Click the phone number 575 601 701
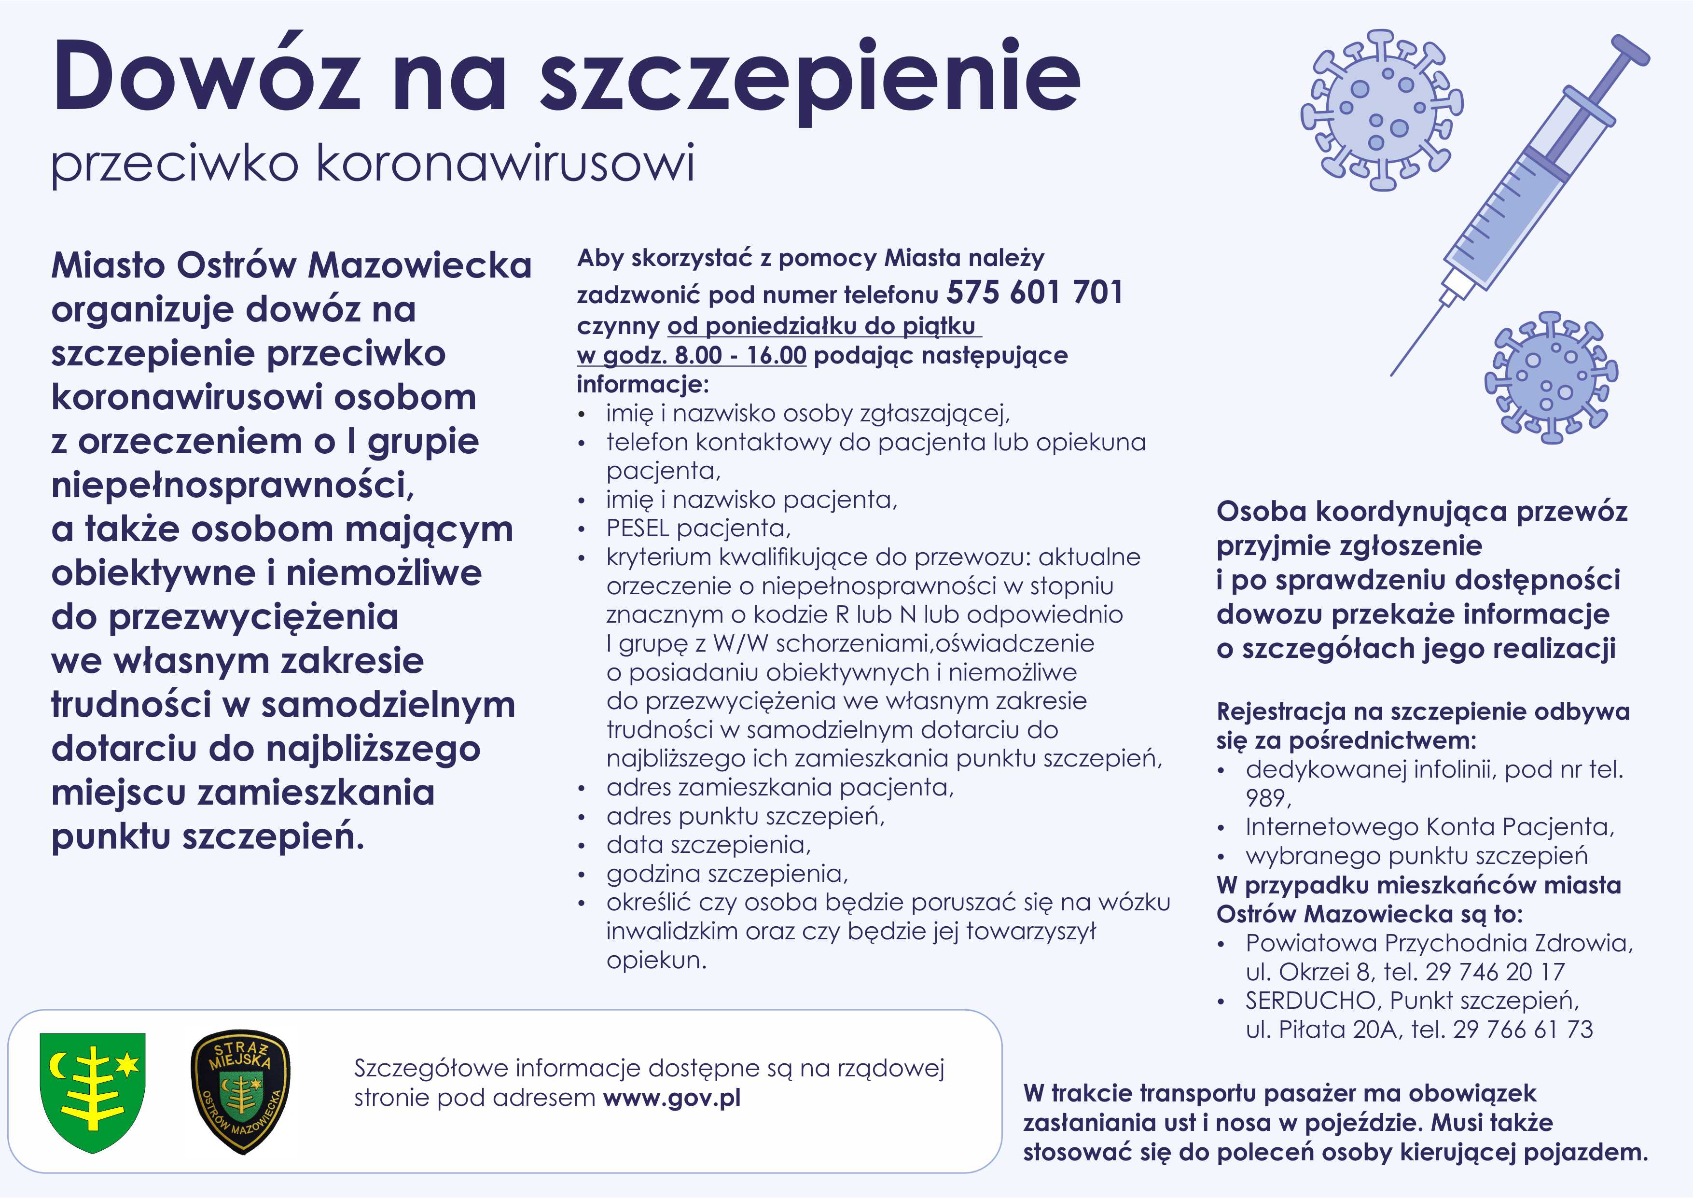pyautogui.click(x=1035, y=293)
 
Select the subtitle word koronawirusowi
pyautogui.click(x=505, y=163)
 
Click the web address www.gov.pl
pyautogui.click(x=671, y=1098)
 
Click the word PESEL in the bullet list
pyautogui.click(x=637, y=528)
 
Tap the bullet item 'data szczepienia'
pyautogui.click(x=708, y=845)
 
